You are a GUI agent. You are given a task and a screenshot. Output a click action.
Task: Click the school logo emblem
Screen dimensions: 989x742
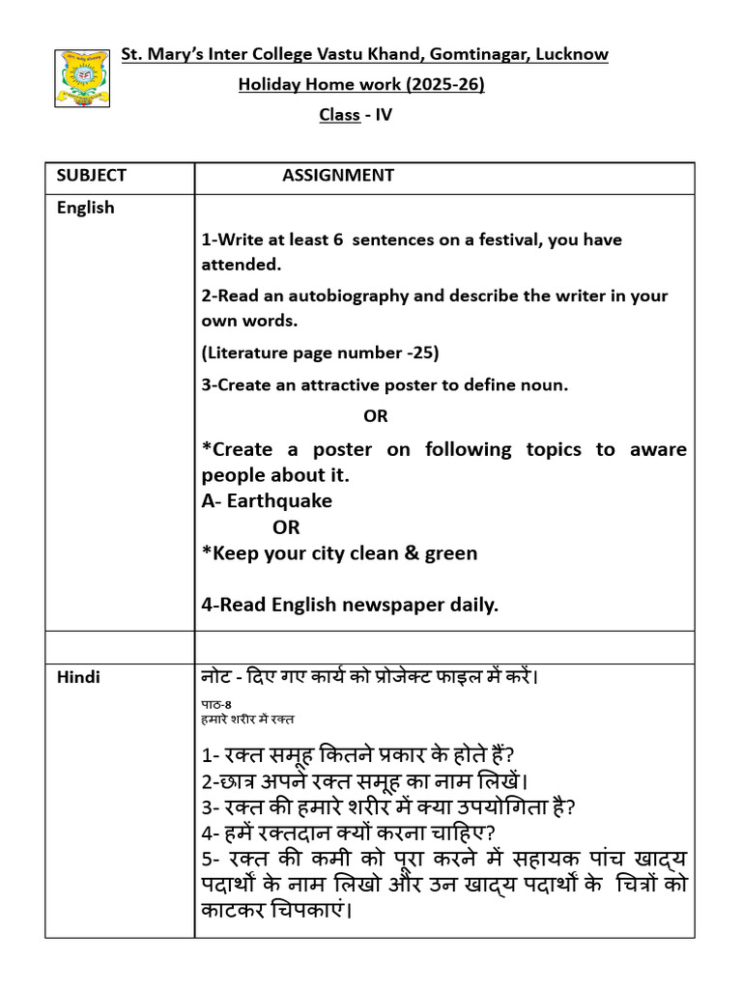pos(82,78)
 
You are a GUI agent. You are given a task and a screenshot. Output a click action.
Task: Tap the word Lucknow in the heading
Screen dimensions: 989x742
pos(572,54)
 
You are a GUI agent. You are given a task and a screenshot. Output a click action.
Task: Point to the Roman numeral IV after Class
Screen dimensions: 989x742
pos(385,115)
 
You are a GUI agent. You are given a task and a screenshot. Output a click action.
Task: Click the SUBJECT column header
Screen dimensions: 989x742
pos(91,175)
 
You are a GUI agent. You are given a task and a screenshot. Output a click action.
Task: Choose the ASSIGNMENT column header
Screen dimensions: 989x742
pos(338,175)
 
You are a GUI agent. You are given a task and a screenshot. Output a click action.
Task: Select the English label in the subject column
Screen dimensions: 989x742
pos(85,208)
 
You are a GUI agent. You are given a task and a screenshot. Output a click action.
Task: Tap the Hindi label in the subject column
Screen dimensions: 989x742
pos(77,677)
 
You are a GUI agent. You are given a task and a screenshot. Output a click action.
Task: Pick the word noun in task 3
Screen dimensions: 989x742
pos(545,384)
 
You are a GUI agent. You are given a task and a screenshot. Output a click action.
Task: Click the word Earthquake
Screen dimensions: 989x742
pos(279,500)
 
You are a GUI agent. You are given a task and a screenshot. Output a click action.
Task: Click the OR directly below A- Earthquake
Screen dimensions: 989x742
pos(286,527)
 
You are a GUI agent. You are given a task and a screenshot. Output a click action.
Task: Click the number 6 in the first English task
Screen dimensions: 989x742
pos(338,240)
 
